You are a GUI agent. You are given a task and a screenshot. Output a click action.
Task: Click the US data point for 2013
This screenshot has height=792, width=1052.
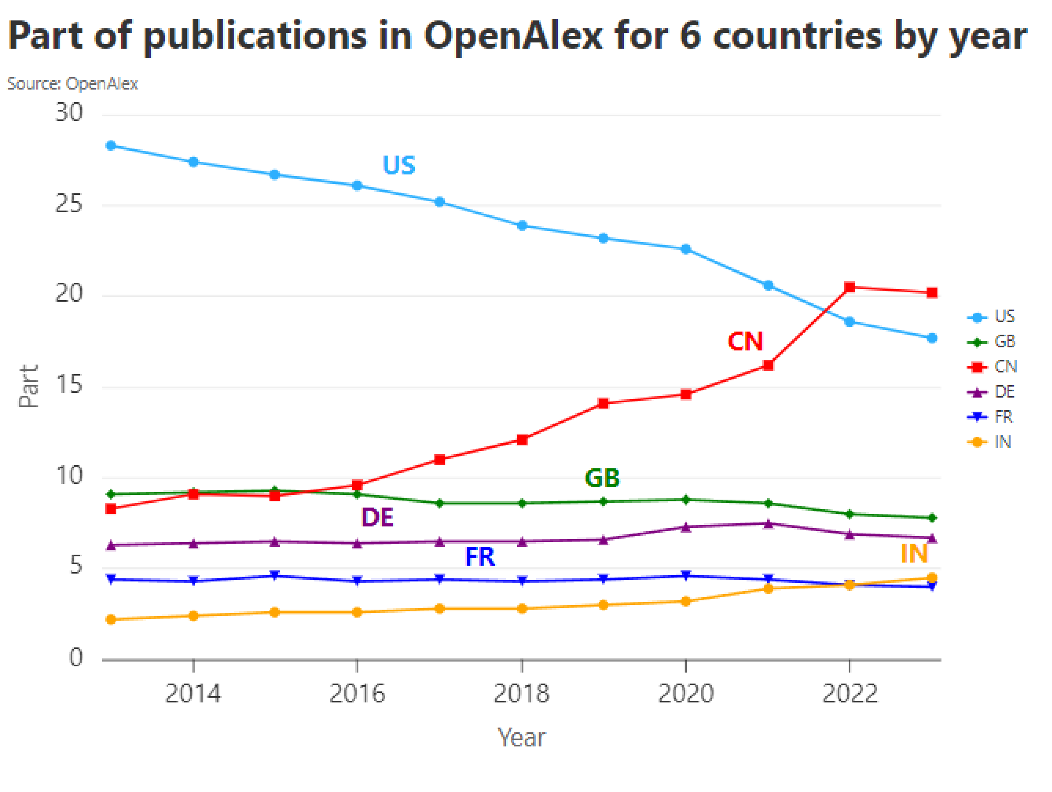click(x=111, y=146)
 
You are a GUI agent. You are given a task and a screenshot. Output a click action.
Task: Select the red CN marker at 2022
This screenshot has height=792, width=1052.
click(x=850, y=287)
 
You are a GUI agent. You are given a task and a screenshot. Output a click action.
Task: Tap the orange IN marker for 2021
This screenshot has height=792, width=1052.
click(x=768, y=589)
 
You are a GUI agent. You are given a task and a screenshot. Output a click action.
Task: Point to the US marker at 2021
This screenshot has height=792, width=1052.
click(x=768, y=285)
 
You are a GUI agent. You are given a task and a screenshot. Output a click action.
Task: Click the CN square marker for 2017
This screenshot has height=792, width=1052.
click(x=440, y=459)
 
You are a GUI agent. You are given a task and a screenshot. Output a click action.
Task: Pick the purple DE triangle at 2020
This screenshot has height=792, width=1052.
click(x=686, y=527)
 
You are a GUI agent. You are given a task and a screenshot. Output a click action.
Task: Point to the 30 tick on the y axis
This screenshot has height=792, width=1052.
click(x=69, y=113)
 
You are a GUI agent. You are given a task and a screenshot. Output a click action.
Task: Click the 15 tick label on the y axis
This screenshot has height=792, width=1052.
click(x=69, y=386)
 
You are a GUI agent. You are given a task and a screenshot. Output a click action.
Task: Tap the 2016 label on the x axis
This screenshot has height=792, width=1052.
click(x=357, y=694)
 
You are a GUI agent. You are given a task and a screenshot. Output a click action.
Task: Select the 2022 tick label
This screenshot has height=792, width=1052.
click(x=850, y=694)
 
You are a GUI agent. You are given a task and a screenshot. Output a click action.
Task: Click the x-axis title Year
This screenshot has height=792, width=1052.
click(x=521, y=738)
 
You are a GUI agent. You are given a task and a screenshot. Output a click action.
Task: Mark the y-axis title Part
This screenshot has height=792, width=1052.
click(x=29, y=386)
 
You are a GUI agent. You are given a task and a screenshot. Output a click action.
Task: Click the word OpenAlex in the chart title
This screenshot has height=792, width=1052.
click(x=513, y=36)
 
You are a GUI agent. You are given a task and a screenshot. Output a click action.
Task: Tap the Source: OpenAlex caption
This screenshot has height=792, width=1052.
click(x=72, y=84)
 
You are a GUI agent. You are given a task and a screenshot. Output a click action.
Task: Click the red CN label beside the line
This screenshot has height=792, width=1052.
click(x=745, y=342)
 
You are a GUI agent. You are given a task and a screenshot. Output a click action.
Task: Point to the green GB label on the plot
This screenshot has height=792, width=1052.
click(x=602, y=478)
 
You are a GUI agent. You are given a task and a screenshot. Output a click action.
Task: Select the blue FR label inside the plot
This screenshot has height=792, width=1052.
click(x=480, y=556)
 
